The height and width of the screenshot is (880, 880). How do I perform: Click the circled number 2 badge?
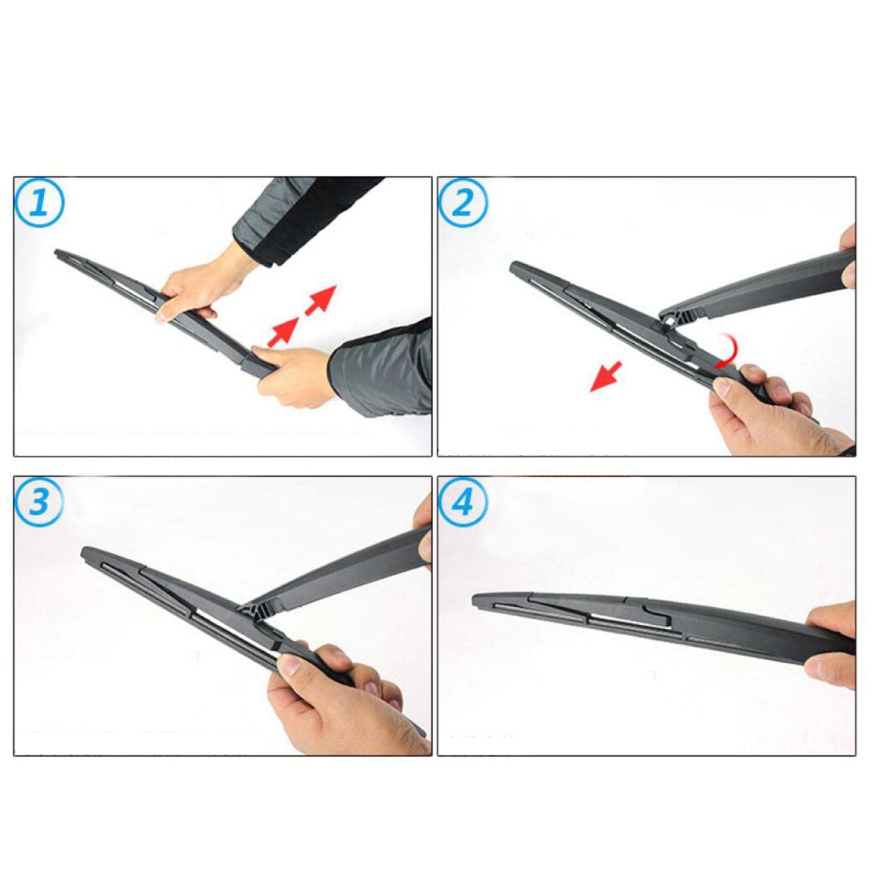point(463,205)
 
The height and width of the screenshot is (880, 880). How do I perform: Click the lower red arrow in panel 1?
point(283,332)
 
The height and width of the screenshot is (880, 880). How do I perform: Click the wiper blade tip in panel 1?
point(57,253)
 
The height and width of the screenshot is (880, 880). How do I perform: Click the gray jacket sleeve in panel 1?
point(385,369)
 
